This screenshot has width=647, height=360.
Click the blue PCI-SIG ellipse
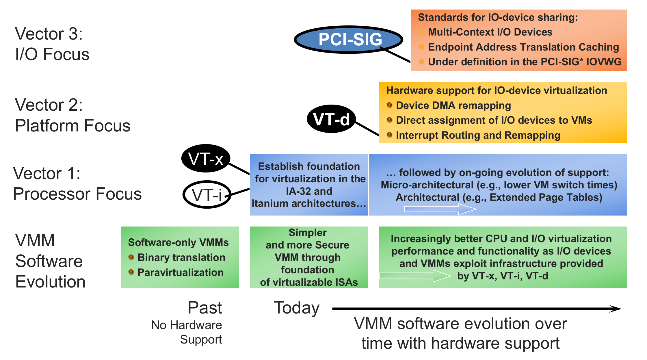[x=348, y=40]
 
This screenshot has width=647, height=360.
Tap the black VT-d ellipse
[x=331, y=119]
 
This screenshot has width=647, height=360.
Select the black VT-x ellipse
[x=206, y=158]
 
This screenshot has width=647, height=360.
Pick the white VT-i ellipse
[x=207, y=194]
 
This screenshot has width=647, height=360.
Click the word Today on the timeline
[x=297, y=308]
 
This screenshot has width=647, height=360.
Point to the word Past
[x=205, y=307]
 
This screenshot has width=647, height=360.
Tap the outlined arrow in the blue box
[x=440, y=209]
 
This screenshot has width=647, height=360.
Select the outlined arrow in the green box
[x=415, y=276]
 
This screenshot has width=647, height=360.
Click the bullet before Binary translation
[x=131, y=257]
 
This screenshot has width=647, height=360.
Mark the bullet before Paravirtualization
[x=131, y=272]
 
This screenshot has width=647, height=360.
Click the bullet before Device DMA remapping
[x=389, y=105]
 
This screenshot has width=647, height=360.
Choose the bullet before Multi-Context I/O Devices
[x=421, y=32]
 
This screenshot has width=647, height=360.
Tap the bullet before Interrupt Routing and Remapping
[x=389, y=135]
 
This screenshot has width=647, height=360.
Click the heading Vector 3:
[x=49, y=34]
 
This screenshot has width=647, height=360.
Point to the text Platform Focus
[x=72, y=126]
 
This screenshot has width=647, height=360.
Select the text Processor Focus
[x=77, y=194]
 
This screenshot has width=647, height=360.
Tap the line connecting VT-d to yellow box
[x=367, y=129]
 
